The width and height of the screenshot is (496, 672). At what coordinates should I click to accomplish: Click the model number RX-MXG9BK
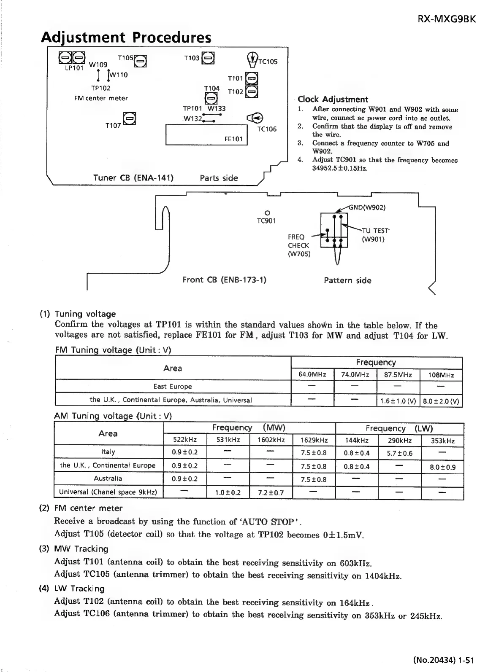click(446, 19)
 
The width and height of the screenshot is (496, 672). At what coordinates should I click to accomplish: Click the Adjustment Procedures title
click(126, 38)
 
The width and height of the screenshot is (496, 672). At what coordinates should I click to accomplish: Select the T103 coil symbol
click(208, 58)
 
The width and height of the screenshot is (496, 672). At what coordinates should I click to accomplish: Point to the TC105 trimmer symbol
click(252, 59)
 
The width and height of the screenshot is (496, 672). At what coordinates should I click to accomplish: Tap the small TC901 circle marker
click(266, 212)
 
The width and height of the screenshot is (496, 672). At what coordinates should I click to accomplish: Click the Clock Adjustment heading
click(333, 99)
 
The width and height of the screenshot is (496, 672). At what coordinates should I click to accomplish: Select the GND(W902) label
click(367, 207)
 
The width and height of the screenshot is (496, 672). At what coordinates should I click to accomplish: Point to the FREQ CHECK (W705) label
click(299, 245)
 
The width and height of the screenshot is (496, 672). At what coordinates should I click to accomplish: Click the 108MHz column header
click(441, 375)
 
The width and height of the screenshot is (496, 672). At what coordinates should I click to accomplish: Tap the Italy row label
click(108, 452)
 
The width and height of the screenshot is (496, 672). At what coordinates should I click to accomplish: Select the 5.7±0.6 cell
click(399, 453)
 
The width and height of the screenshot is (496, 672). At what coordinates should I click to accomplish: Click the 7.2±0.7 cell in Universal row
click(271, 492)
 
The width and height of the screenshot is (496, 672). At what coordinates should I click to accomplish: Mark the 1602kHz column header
click(271, 440)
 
